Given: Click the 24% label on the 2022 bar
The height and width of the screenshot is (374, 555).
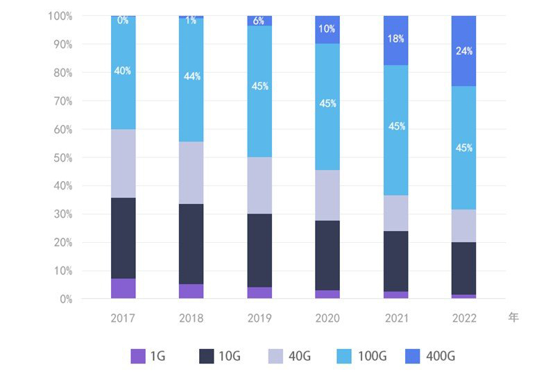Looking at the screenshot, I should (x=463, y=51).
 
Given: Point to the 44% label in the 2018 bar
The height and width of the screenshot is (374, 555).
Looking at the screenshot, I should (x=191, y=76).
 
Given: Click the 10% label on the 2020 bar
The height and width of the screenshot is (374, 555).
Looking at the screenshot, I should (x=327, y=29).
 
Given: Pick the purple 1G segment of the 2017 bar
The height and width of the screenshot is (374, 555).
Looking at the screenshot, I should (x=123, y=289).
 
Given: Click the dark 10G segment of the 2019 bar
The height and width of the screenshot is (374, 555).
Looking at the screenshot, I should (x=259, y=250).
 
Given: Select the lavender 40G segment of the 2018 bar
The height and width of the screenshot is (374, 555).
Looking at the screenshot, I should (x=191, y=173).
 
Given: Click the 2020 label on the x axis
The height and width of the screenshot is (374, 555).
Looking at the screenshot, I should (x=327, y=318).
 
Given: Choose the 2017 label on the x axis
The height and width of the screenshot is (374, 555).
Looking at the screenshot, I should (x=123, y=318).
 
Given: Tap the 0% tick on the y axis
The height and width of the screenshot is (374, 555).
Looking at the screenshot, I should (x=65, y=299).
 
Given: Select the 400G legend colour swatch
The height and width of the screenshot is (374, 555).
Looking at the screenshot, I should (x=412, y=357).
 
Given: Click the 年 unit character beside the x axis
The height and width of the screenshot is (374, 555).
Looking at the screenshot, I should (x=513, y=318).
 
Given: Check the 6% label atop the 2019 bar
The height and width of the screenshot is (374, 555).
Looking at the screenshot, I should (x=259, y=21).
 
